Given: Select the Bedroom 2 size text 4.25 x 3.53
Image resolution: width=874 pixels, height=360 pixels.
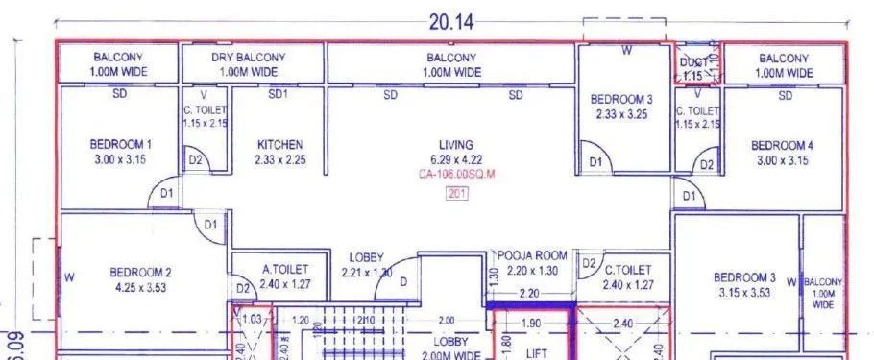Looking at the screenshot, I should [140, 285].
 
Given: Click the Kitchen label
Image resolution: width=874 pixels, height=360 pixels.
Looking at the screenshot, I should [279, 145].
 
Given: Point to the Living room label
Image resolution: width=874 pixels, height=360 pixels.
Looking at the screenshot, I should [455, 145].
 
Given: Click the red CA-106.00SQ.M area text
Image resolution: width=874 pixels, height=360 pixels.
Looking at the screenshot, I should [455, 175].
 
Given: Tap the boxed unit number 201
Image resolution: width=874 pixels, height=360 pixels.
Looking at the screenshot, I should [456, 193].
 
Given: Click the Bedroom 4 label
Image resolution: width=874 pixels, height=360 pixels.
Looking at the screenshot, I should [785, 146].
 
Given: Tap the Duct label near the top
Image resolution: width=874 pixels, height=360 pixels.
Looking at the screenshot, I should [692, 62].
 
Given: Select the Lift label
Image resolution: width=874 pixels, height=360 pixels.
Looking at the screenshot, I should [535, 353].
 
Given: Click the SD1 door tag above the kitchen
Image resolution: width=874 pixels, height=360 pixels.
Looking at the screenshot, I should [278, 95].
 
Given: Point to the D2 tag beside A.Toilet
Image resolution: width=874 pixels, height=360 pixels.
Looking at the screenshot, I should [242, 289].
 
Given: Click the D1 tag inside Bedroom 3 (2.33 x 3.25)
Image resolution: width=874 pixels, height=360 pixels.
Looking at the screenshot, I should [595, 162].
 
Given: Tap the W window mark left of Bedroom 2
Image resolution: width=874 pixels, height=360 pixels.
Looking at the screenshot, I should [69, 277].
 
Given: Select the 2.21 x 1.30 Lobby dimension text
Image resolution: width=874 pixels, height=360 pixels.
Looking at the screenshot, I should [367, 273].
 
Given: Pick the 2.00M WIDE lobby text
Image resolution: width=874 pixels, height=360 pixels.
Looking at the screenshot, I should [450, 355].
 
